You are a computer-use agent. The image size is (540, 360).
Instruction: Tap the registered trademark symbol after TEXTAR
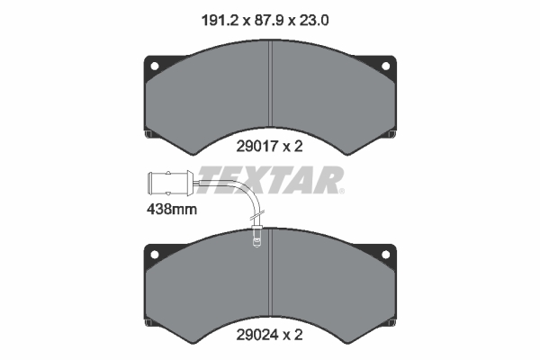(x=340, y=192)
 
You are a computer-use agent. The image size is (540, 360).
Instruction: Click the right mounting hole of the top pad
(x=386, y=66)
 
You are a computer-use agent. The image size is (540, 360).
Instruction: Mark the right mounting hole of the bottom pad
(x=386, y=256)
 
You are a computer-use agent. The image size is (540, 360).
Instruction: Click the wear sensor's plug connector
(x=170, y=185)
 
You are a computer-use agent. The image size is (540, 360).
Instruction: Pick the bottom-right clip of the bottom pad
(x=392, y=323)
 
